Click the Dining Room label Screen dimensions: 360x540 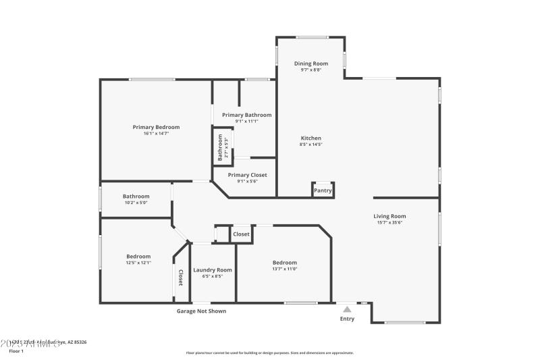[x=311, y=63]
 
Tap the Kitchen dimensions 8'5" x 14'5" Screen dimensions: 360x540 [x=311, y=145]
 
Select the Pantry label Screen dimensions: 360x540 [x=323, y=190]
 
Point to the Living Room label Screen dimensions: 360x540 [x=390, y=216]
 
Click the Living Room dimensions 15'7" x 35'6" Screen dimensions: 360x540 [x=390, y=222]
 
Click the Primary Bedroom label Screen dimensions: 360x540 [x=156, y=127]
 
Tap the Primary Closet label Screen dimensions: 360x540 [x=247, y=175]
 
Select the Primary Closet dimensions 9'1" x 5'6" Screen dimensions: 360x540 [x=247, y=181]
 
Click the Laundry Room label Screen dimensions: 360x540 [x=213, y=269]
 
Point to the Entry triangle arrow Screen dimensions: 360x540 [x=347, y=309]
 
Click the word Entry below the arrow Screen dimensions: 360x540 [x=347, y=319]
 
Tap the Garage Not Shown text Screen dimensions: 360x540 [x=201, y=311]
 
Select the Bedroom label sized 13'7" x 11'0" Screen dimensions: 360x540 [x=285, y=263]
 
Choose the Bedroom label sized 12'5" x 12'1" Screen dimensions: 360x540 [x=138, y=256]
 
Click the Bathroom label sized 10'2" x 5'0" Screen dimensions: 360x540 [x=136, y=197]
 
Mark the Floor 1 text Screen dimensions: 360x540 [x=16, y=351]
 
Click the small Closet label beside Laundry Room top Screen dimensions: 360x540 [x=241, y=234]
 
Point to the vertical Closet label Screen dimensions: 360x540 [x=180, y=277]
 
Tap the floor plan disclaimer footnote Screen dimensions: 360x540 [x=270, y=353]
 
